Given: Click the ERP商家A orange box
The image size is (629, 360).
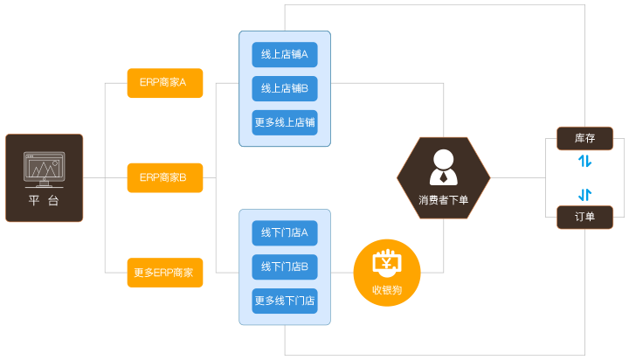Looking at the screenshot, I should click(x=164, y=83).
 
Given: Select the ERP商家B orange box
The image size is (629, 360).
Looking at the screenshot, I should click(x=164, y=177).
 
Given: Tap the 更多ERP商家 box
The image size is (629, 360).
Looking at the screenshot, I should click(x=164, y=272).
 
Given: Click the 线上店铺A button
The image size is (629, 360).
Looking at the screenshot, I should click(x=285, y=54).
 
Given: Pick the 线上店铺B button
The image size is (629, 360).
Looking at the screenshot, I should click(x=285, y=88).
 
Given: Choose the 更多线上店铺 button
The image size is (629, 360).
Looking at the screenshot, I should click(x=285, y=122).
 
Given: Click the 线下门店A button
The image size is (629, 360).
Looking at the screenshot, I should click(x=285, y=232).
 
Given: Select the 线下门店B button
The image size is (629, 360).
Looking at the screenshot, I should click(x=285, y=267).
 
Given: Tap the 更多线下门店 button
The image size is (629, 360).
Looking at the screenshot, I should click(x=285, y=301).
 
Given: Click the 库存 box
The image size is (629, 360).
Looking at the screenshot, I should click(x=584, y=138).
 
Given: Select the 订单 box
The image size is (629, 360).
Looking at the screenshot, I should click(x=584, y=217).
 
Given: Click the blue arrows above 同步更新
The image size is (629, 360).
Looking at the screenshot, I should click(x=584, y=161).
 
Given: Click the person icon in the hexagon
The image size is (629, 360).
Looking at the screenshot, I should click(x=443, y=166).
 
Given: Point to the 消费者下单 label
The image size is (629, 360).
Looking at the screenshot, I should click(x=443, y=200).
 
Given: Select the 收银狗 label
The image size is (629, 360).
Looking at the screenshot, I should click(x=386, y=289).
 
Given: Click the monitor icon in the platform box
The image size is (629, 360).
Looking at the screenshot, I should click(x=44, y=170).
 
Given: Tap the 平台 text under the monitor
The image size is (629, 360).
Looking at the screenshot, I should click(x=44, y=202).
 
